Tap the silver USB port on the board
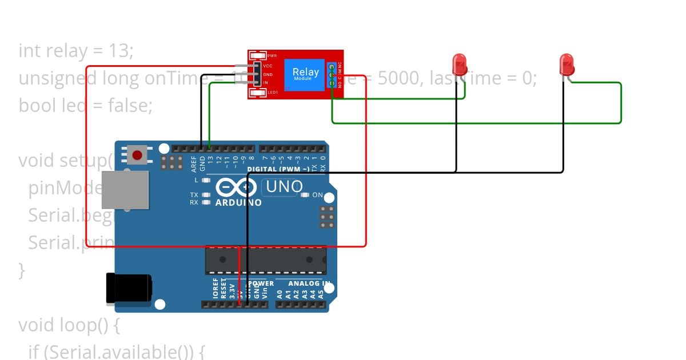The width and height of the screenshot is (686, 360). (x=125, y=190)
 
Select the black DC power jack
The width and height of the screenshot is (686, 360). (x=128, y=288)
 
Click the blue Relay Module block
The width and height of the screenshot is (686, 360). (x=306, y=74)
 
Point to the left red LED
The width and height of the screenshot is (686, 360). (x=459, y=64)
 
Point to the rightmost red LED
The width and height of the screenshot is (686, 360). (x=566, y=64)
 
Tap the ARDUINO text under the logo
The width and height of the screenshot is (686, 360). (x=238, y=202)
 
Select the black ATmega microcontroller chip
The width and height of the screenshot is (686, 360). (x=266, y=260)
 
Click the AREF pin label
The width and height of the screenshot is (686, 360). (x=194, y=164)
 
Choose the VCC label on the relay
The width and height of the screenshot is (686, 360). (x=268, y=66)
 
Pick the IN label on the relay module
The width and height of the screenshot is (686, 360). (x=265, y=83)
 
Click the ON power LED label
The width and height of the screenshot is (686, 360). (x=317, y=195)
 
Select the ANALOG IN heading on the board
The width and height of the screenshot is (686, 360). (x=309, y=283)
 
